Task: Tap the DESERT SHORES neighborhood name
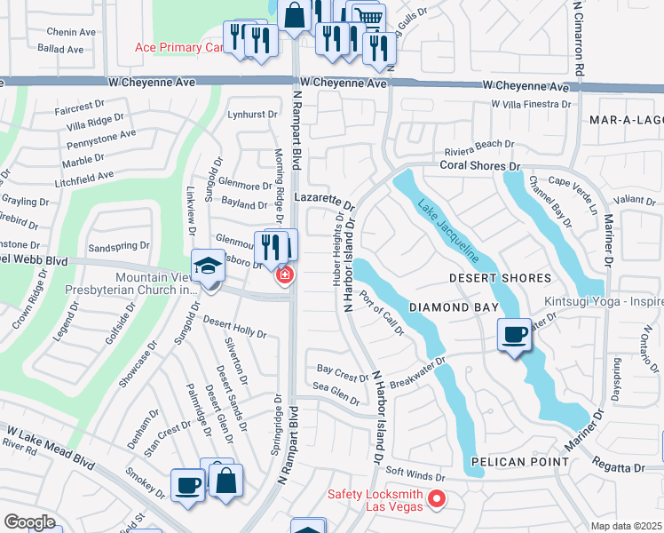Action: coord(500,278)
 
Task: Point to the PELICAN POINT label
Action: coord(519,462)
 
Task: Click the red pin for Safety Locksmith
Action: coord(436,500)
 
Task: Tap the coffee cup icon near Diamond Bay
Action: coord(514,335)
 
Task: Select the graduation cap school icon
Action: coord(208,267)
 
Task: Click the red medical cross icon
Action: coord(284,276)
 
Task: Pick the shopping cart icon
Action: coord(368,17)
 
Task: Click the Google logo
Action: coord(29,522)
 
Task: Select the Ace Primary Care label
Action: coord(182,48)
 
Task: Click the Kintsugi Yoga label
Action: coord(604,302)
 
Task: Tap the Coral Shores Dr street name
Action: coord(479,165)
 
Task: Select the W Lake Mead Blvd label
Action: coord(51,448)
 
